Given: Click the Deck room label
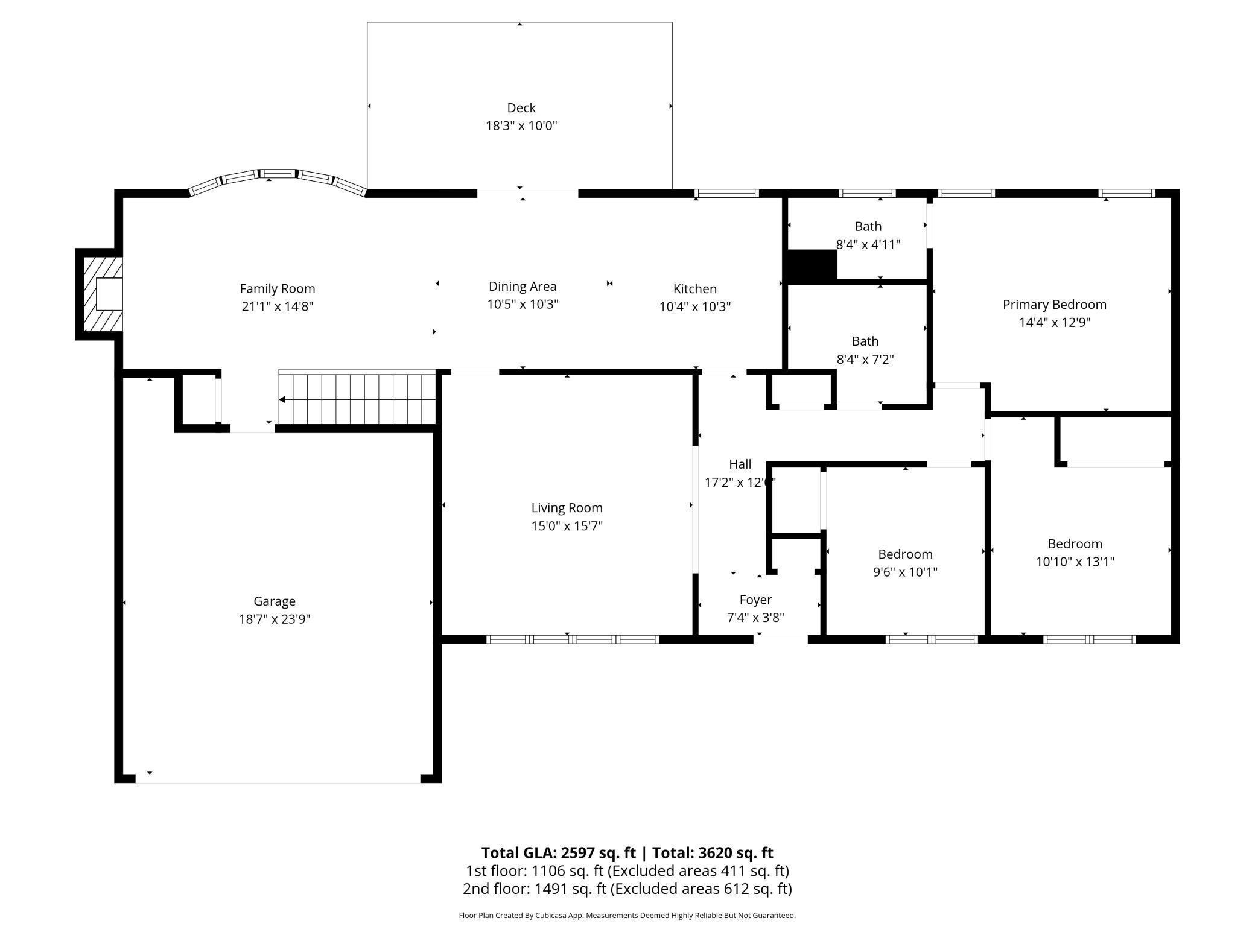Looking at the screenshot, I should click(521, 108).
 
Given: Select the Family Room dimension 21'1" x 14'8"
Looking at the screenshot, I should click(278, 306).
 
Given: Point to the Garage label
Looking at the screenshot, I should click(275, 601).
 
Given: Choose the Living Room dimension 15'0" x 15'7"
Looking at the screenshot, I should click(567, 526).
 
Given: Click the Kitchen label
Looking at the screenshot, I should click(694, 289).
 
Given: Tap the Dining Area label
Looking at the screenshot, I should click(522, 287).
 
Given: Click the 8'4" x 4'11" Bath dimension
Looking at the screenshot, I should click(868, 245).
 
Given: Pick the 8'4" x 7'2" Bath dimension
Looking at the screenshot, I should click(865, 360).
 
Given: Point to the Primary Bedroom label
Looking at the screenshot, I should click(1054, 305).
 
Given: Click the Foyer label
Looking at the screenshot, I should click(755, 600).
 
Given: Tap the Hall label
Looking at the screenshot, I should click(740, 464).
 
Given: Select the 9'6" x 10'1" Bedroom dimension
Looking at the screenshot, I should click(905, 572).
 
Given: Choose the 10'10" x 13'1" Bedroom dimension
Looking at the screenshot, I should click(1075, 562).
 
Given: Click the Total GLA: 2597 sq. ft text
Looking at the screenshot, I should click(558, 852).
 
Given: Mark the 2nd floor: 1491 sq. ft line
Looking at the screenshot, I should click(627, 889).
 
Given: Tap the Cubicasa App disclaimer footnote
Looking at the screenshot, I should click(627, 916).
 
